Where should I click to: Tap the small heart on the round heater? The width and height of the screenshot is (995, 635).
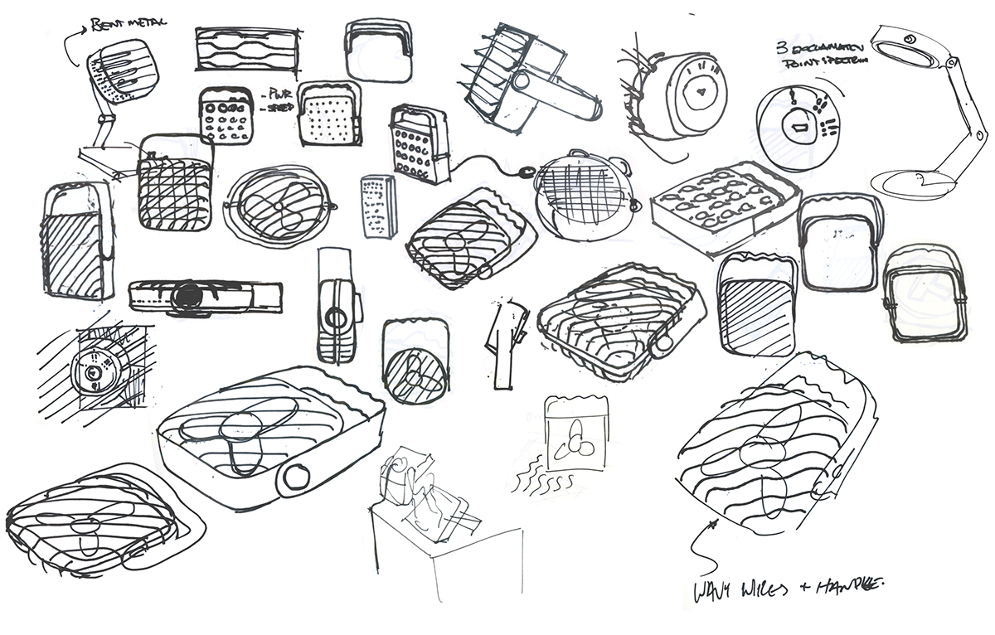pyautogui.click(x=703, y=93)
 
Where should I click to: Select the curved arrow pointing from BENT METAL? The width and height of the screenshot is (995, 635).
pyautogui.click(x=73, y=35)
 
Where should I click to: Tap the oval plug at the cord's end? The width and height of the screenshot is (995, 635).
pyautogui.click(x=522, y=173)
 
